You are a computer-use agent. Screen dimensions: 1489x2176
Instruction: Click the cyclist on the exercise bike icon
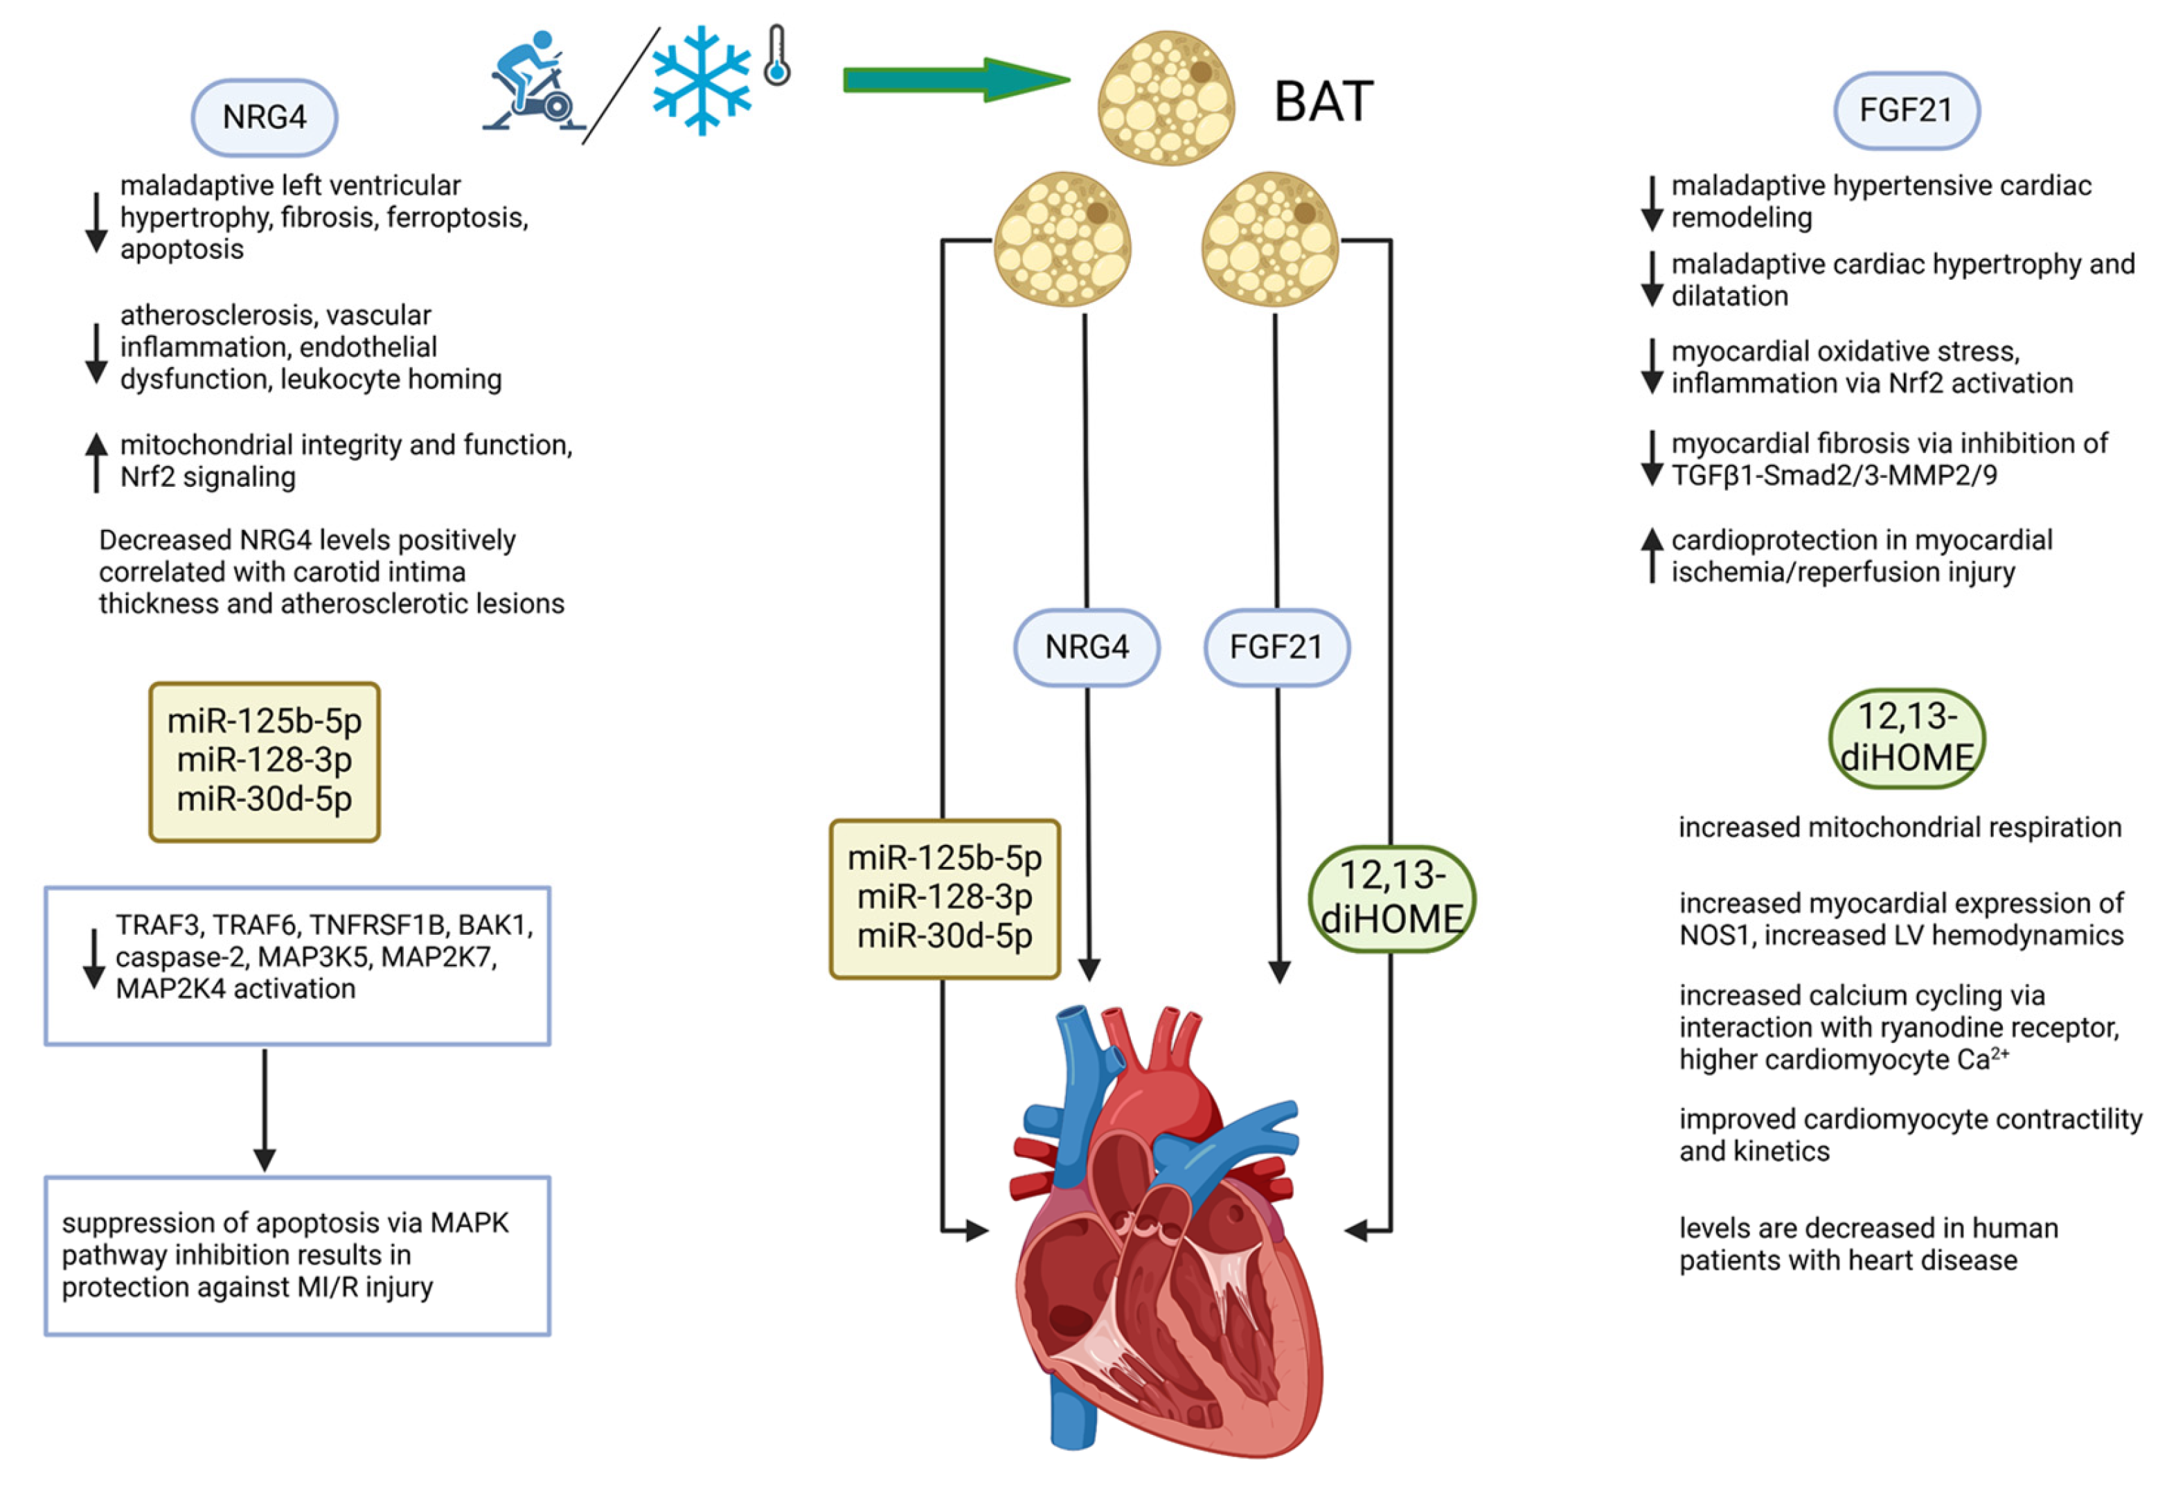pos(532,82)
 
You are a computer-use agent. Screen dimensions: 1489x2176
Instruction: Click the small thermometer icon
pos(777,56)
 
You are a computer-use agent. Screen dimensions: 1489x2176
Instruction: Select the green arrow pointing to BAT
pos(955,80)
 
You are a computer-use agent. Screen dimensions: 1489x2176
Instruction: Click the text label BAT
pos(1323,101)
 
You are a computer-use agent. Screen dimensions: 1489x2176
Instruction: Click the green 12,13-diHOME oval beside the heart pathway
pos(1391,898)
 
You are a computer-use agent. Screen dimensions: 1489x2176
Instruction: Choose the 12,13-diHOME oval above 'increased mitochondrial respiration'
pos(1907,738)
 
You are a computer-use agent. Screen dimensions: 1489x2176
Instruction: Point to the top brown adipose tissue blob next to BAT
pos(1166,98)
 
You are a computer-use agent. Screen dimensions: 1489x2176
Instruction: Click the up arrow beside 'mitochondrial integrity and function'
pos(96,461)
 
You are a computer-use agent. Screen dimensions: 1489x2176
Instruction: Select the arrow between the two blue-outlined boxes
pos(265,1109)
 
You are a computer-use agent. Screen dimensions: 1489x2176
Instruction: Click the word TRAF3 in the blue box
pos(157,925)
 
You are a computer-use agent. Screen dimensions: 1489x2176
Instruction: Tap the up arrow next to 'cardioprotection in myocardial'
pos(1652,555)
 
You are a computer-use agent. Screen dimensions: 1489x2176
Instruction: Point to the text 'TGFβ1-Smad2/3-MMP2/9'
pos(1833,476)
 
